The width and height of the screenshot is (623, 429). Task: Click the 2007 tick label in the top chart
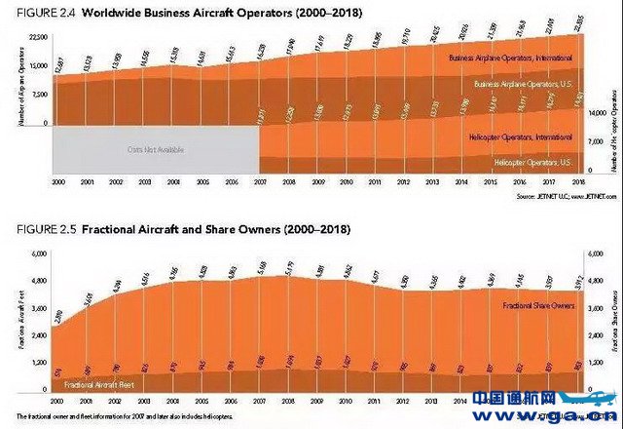[x=260, y=182]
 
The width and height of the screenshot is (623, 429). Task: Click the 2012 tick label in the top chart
[x=402, y=182]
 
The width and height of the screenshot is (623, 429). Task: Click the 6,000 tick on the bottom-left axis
[x=36, y=253]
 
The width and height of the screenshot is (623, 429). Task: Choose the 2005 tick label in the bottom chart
[x=202, y=400]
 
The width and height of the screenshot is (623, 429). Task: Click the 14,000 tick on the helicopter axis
[x=601, y=113]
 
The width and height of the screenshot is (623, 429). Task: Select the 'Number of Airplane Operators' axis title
[x=9, y=83]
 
